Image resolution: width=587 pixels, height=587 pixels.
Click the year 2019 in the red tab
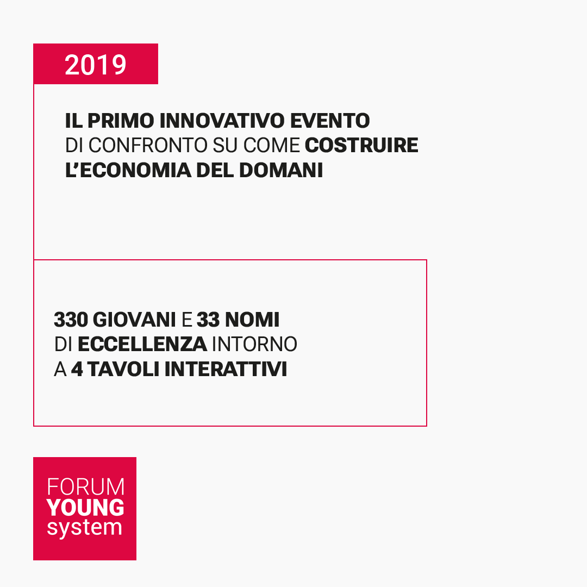95,65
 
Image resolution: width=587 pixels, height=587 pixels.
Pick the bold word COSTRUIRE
361,145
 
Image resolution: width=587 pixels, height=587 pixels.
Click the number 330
71,320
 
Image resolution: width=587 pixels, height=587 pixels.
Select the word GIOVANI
134,320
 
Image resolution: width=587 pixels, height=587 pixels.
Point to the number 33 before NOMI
208,320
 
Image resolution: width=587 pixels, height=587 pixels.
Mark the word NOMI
252,320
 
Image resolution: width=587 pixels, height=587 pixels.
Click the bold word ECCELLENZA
142,345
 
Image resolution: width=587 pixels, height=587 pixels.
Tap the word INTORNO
254,345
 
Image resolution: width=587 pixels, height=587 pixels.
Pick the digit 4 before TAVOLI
77,370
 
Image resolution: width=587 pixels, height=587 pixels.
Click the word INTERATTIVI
226,370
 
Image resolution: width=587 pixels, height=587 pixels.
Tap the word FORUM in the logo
85,486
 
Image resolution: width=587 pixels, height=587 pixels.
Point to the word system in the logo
84,528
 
